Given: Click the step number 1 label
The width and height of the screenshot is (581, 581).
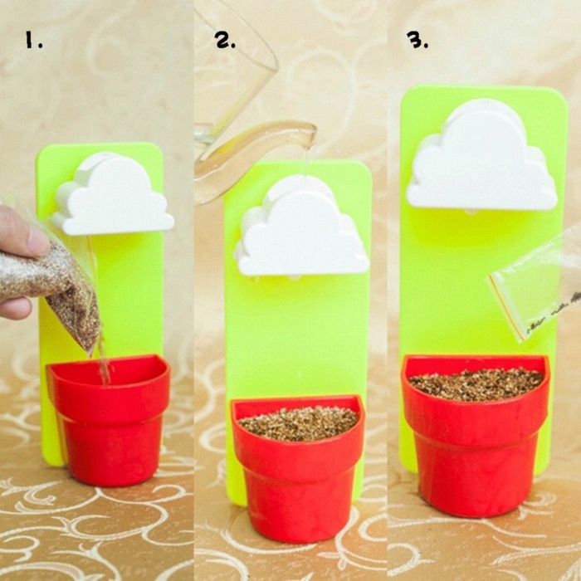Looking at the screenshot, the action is (33, 40).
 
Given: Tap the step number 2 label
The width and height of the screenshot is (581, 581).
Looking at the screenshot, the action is (225, 40).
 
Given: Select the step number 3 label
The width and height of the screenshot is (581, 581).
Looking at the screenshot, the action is (417, 40).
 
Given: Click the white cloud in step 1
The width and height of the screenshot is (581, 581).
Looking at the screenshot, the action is (113, 194).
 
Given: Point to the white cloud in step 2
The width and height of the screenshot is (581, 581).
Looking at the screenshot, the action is (302, 226).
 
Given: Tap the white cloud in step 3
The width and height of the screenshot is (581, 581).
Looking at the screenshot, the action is (481, 156).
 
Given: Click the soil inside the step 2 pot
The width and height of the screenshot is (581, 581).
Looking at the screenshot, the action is (299, 423).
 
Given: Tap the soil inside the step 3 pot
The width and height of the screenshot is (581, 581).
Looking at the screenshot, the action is (476, 383).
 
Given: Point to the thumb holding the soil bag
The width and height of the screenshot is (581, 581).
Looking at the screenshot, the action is (22, 230).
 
